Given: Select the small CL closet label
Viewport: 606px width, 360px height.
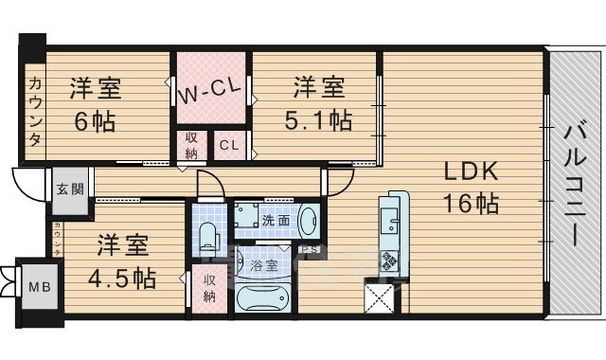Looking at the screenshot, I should tap(229, 145).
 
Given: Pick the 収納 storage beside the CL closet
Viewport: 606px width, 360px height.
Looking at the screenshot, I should tap(190, 147).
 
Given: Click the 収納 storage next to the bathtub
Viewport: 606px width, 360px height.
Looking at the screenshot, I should tap(209, 287).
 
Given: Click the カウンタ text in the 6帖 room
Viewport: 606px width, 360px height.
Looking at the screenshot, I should tap(35, 110).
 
